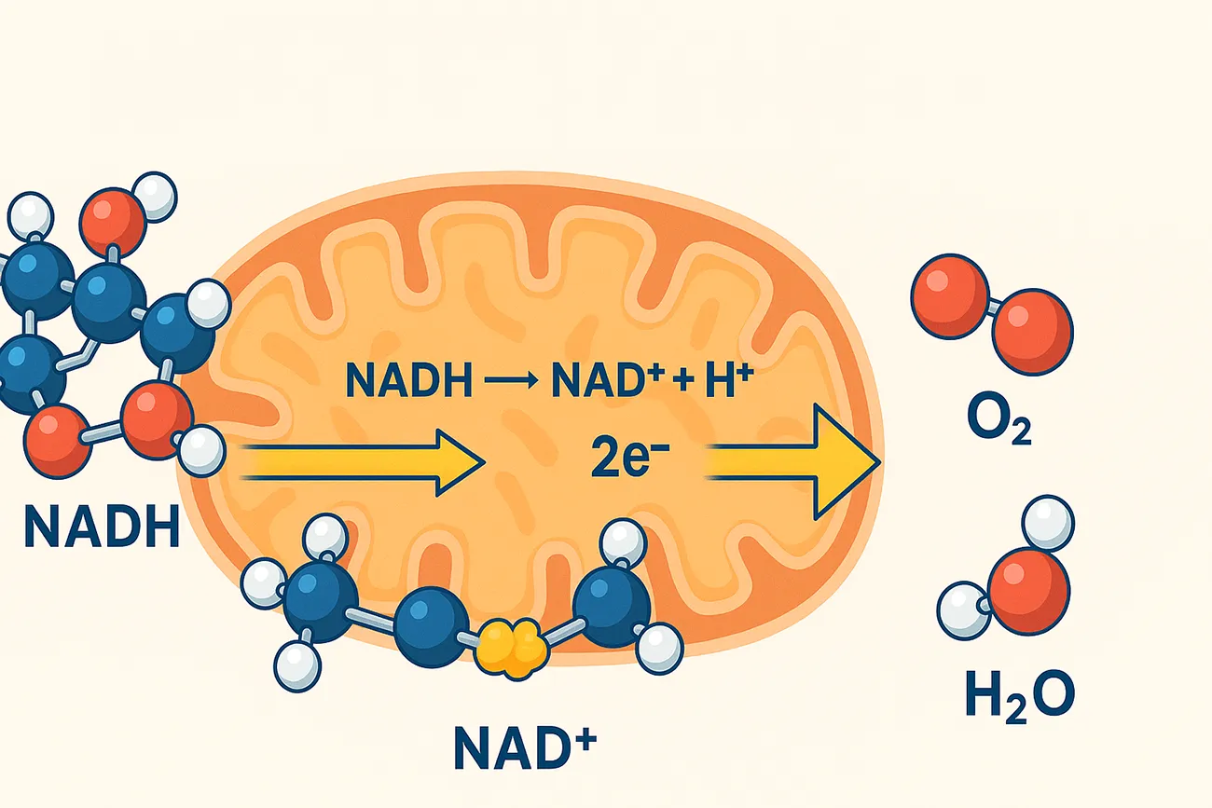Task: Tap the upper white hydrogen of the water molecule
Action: click(x=1048, y=523)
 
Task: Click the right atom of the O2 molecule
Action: click(x=1032, y=330)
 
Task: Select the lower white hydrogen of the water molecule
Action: click(x=963, y=609)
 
